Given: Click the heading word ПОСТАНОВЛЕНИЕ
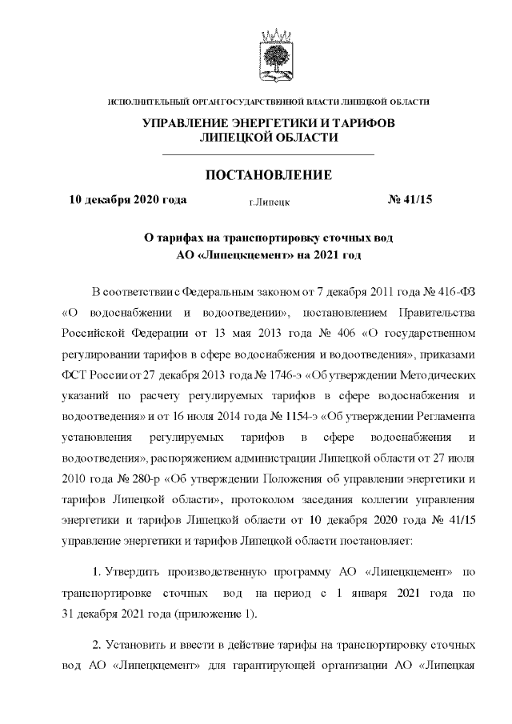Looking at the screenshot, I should point(269,175).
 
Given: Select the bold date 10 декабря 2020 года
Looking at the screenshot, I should point(128,200).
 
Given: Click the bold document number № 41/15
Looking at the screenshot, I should point(410,200).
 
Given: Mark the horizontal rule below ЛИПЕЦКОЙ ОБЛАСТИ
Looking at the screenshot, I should point(269,153).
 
